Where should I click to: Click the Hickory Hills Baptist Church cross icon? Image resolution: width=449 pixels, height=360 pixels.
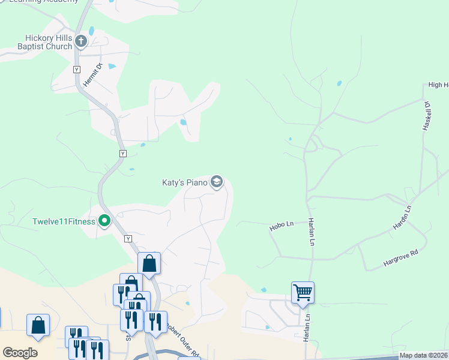click(x=81, y=41)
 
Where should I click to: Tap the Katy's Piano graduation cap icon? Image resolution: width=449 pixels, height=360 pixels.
click(x=217, y=182)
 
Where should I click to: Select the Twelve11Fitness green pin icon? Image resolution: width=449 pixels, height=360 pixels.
click(x=104, y=221)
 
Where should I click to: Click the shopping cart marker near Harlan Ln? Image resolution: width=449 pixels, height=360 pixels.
click(x=303, y=293)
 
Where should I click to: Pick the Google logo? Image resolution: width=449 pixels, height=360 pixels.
click(x=20, y=353)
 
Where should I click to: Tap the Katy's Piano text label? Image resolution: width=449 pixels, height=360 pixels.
click(x=184, y=182)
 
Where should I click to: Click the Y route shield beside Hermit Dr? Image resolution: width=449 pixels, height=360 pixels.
click(x=76, y=70)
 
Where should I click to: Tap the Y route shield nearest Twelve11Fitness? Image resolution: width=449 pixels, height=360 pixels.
click(x=128, y=239)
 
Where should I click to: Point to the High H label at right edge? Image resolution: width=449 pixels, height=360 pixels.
click(x=438, y=85)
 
